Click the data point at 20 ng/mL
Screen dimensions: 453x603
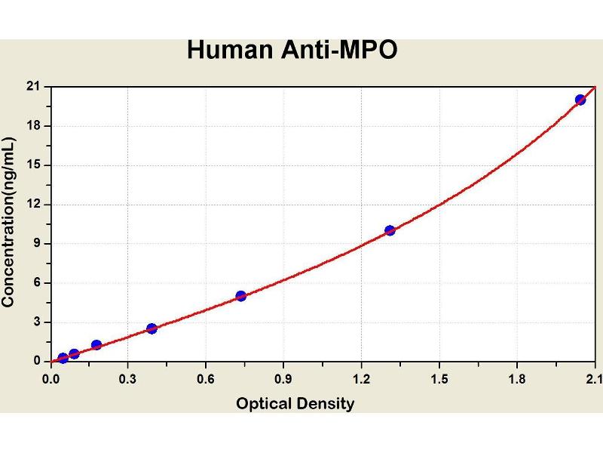pyautogui.click(x=580, y=100)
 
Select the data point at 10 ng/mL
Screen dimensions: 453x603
pyautogui.click(x=390, y=230)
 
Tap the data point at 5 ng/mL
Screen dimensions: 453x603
pyautogui.click(x=241, y=296)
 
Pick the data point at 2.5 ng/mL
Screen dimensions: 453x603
pyautogui.click(x=152, y=328)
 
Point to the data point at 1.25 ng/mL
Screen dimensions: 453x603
pyautogui.click(x=96, y=345)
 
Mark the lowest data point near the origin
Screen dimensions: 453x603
pyautogui.click(x=63, y=358)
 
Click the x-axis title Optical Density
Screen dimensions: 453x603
pyautogui.click(x=295, y=404)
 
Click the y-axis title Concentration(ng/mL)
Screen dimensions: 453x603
pyautogui.click(x=9, y=221)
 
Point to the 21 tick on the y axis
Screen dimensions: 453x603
pyautogui.click(x=32, y=86)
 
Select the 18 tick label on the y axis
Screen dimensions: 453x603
pyautogui.click(x=32, y=125)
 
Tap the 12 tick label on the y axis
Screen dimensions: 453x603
pyautogui.click(x=32, y=204)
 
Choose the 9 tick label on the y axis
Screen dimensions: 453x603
pyautogui.click(x=35, y=244)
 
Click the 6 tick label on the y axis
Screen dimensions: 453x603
pyautogui.click(x=35, y=283)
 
